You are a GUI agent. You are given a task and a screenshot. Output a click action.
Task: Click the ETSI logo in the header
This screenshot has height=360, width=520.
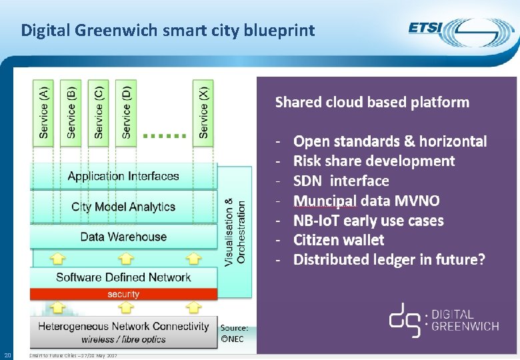461,32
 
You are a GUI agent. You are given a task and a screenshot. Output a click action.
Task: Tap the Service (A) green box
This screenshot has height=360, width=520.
44,112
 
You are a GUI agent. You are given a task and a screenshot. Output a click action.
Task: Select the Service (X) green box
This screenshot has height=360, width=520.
204,112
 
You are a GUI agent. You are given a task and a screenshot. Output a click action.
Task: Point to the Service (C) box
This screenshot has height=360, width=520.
99,112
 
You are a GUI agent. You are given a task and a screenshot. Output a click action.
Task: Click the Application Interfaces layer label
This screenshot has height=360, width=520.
123,177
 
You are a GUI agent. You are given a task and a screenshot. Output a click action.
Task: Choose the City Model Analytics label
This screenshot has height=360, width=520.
123,207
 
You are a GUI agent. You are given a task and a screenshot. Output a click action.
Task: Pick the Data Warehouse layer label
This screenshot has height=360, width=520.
123,237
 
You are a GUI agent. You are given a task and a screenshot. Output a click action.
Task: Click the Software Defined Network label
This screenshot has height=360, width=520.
123,277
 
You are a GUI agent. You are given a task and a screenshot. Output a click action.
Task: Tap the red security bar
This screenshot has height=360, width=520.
123,294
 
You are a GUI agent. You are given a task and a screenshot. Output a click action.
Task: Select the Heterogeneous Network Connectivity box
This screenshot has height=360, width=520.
123,331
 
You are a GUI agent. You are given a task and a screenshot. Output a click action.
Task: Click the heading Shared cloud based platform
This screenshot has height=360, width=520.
372,103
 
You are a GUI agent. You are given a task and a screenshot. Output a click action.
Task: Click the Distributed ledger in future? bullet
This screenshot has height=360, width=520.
389,259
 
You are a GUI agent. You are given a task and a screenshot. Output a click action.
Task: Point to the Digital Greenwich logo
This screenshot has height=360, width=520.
441,319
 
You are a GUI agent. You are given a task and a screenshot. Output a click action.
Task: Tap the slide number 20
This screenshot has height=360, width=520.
7,354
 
